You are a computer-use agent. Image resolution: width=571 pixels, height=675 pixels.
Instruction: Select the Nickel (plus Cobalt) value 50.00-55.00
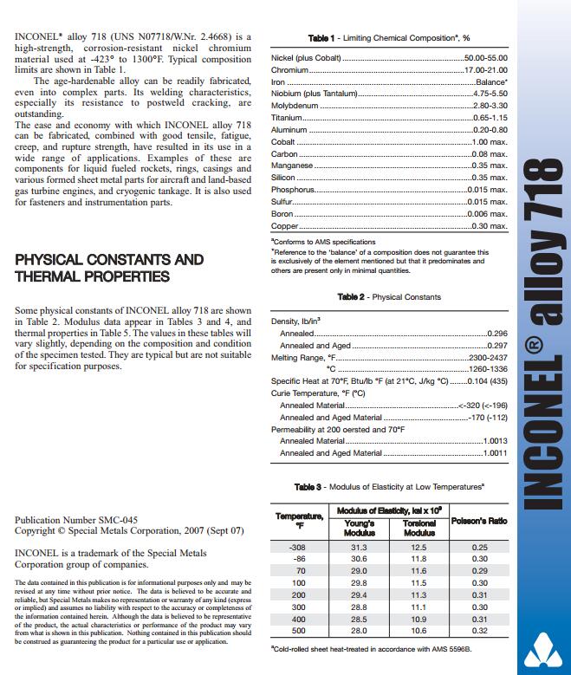[485, 57]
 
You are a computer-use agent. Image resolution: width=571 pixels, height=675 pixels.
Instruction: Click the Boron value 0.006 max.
[486, 213]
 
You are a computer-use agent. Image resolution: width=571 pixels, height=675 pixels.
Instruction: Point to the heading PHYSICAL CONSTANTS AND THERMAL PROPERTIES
[109, 268]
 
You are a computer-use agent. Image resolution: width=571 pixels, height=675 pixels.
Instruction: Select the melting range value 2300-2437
[487, 357]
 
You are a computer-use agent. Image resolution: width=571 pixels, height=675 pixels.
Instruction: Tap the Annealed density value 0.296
[497, 333]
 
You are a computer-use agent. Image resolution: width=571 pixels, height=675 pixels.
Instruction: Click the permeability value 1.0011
[496, 453]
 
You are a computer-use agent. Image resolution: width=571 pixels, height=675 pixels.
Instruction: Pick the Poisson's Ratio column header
[479, 522]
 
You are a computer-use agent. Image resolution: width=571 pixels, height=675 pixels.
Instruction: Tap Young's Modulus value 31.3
[359, 548]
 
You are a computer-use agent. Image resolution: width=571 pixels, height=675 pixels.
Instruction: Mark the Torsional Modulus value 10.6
[419, 632]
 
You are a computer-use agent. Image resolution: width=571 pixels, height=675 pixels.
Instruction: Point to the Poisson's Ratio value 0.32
[479, 632]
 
